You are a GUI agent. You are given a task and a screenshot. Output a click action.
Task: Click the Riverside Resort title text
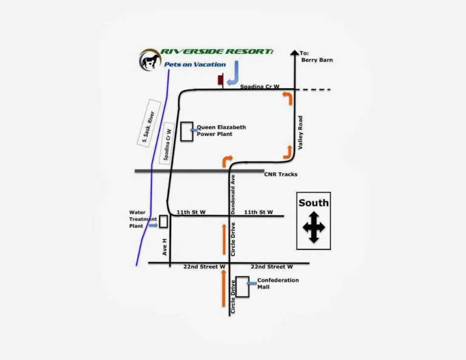(217, 52)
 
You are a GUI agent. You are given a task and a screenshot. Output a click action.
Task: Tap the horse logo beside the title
(149, 59)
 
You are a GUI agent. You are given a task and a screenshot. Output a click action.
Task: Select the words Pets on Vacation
(195, 64)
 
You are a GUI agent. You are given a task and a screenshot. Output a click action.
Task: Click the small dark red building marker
(220, 80)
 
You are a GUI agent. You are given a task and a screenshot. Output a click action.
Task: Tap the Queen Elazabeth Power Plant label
(221, 131)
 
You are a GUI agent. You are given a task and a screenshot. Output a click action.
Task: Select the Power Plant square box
(187, 131)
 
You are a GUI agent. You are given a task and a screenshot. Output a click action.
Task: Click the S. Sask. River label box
(146, 127)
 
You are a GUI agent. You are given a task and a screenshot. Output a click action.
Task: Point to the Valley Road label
(300, 133)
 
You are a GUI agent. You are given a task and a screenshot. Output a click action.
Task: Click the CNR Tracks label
(281, 175)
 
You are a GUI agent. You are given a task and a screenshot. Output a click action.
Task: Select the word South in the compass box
(314, 203)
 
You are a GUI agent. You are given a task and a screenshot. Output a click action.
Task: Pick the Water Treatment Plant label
(143, 219)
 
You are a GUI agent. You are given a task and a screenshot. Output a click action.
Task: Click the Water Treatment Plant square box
(163, 221)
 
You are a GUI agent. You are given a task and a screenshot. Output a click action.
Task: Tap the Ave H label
(164, 245)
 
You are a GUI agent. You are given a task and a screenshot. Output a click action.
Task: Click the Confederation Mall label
(278, 284)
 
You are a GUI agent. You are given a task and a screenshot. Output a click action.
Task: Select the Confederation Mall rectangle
(242, 287)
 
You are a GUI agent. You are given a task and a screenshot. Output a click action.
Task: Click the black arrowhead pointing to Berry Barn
(295, 53)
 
